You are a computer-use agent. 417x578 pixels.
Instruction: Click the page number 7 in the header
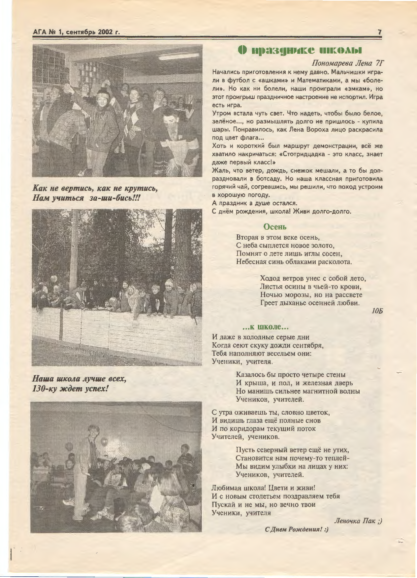(x=380, y=32)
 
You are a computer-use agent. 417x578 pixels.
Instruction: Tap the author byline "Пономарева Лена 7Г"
(x=348, y=63)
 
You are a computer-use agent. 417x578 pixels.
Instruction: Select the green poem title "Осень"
(x=275, y=227)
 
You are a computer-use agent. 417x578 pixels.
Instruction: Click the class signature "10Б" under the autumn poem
(x=377, y=311)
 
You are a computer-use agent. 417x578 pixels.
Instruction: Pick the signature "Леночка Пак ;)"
(x=358, y=521)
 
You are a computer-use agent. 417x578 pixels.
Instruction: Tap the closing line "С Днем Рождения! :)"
(x=297, y=529)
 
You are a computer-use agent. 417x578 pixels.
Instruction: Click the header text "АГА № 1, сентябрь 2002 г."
(x=76, y=32)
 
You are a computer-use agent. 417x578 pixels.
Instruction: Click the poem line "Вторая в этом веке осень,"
(x=278, y=237)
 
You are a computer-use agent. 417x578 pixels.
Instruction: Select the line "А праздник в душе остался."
(x=254, y=203)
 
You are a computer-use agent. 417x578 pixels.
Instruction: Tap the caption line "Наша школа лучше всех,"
(x=79, y=379)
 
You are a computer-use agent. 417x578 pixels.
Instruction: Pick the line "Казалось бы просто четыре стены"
(x=291, y=375)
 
